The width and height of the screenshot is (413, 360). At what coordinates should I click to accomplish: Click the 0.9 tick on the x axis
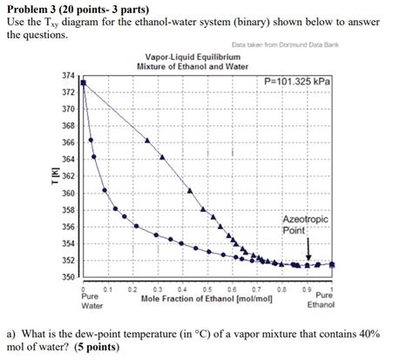[x=308, y=289]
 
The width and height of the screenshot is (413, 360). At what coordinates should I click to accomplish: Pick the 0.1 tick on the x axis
[x=106, y=289]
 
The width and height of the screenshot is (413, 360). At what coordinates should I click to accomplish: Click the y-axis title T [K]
[x=55, y=177]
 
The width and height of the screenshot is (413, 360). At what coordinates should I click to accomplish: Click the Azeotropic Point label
[x=304, y=225]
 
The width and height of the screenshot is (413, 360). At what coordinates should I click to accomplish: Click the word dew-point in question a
[x=106, y=332]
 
